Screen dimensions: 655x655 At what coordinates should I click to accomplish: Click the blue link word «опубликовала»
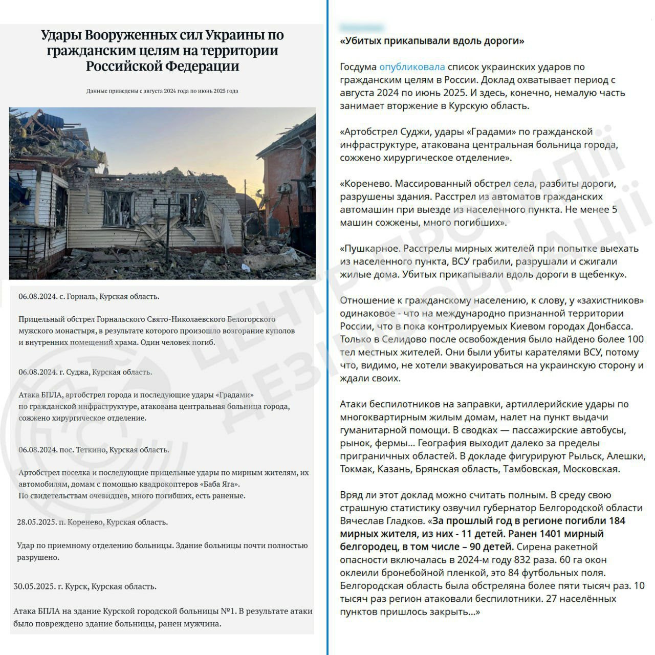pos(411,67)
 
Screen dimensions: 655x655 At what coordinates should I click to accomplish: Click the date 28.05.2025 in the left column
pos(36,522)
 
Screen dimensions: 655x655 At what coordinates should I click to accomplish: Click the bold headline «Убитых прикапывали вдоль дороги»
pos(432,41)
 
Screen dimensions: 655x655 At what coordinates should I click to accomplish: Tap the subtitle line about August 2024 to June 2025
pos(162,91)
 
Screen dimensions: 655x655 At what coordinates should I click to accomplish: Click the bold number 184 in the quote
pos(615,521)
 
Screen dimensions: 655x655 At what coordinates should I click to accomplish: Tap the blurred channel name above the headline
pos(362,27)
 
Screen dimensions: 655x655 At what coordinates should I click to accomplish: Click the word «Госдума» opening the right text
pos(358,67)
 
